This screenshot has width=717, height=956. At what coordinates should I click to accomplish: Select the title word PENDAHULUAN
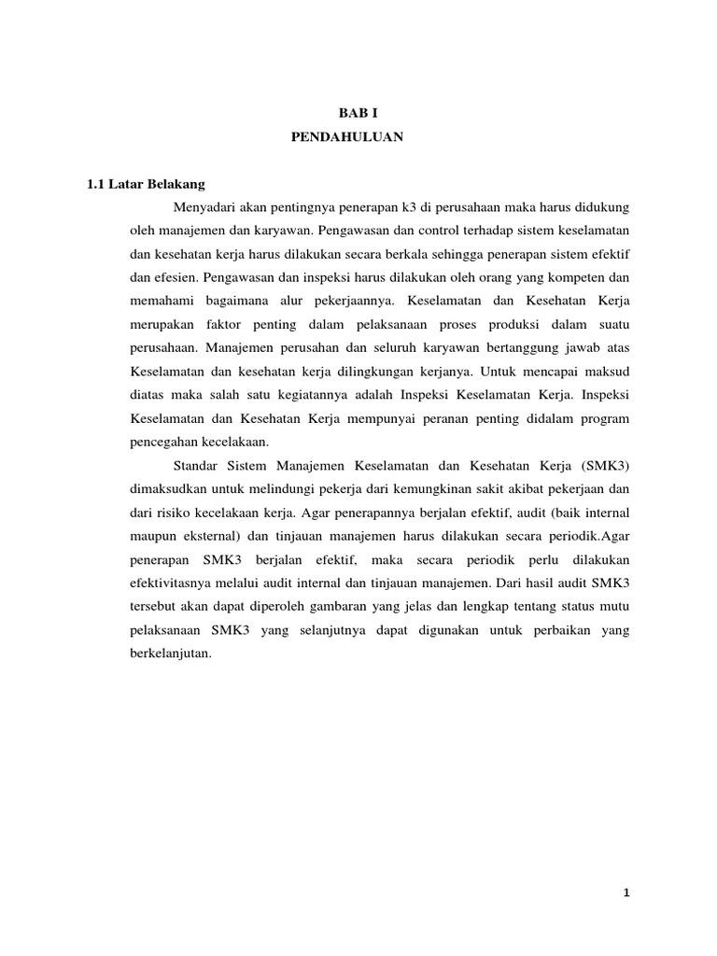(x=346, y=136)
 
